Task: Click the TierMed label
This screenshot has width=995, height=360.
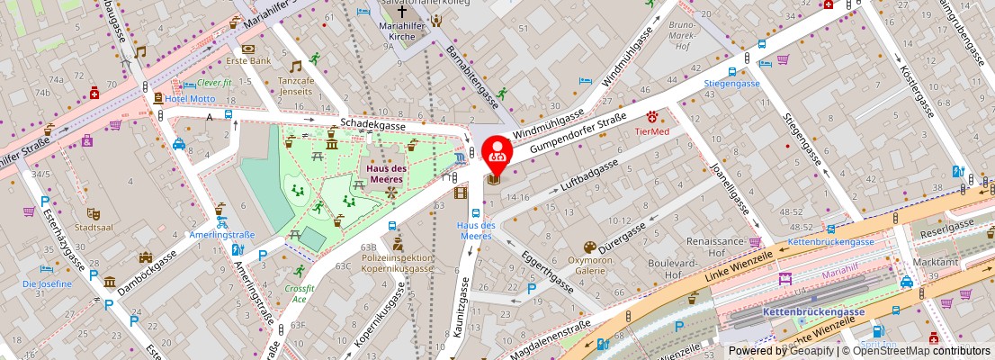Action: [652, 131]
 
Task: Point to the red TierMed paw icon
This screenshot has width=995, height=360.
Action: [652, 117]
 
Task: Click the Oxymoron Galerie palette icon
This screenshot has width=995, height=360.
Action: [589, 246]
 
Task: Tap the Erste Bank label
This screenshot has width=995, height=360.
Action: [249, 61]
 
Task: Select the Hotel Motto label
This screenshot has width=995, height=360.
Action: [189, 98]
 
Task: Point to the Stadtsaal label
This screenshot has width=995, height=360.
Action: [93, 229]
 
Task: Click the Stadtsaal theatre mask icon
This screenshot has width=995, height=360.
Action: [93, 214]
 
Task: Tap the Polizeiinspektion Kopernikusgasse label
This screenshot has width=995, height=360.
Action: [398, 263]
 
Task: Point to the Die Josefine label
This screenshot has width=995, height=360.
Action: [47, 283]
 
